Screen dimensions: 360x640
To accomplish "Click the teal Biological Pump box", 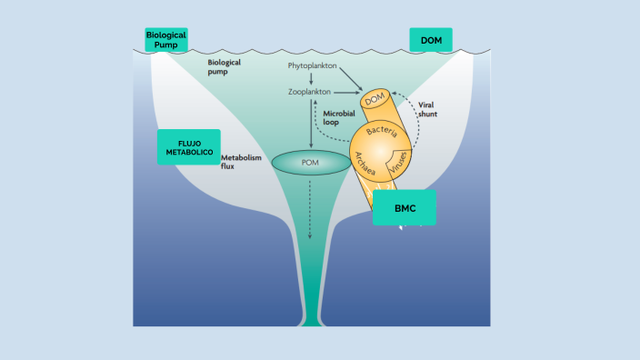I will pos(165,39).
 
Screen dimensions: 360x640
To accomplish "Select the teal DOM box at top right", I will pos(430,39).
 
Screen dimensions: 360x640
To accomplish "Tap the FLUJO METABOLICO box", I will pos(188,147).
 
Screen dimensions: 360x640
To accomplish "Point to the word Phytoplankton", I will pos(313,65).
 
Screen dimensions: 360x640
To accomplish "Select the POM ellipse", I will pos(311,164).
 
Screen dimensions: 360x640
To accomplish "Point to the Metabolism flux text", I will pos(241,162).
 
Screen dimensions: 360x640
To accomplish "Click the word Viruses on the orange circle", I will pos(397,165).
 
